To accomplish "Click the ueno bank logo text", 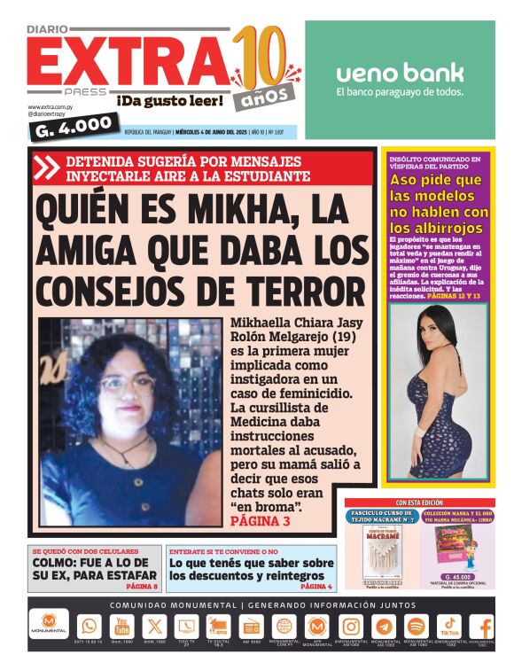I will click(x=400, y=73).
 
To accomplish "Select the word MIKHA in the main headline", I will click(x=219, y=212).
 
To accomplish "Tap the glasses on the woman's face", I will click(x=127, y=384).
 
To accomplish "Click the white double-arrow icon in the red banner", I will click(x=48, y=167).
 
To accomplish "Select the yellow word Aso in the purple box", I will click(x=409, y=180).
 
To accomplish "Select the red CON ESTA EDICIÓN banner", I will click(x=420, y=502).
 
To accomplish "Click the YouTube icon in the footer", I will click(x=122, y=626).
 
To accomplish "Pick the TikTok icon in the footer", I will click(x=449, y=625).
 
